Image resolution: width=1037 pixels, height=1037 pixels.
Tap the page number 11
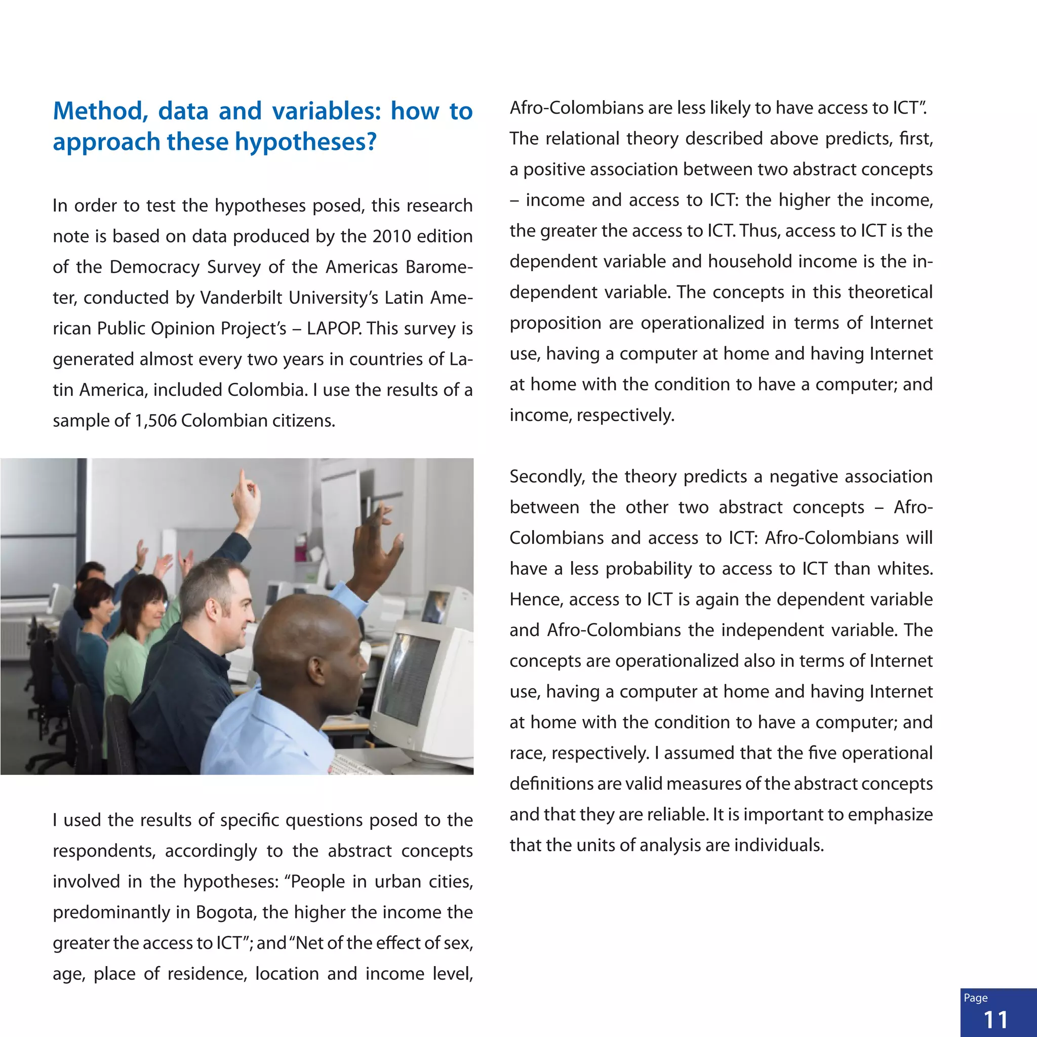(x=995, y=1019)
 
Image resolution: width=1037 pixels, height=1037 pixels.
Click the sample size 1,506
(x=155, y=420)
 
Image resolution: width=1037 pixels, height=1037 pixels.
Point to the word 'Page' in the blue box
(x=975, y=998)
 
